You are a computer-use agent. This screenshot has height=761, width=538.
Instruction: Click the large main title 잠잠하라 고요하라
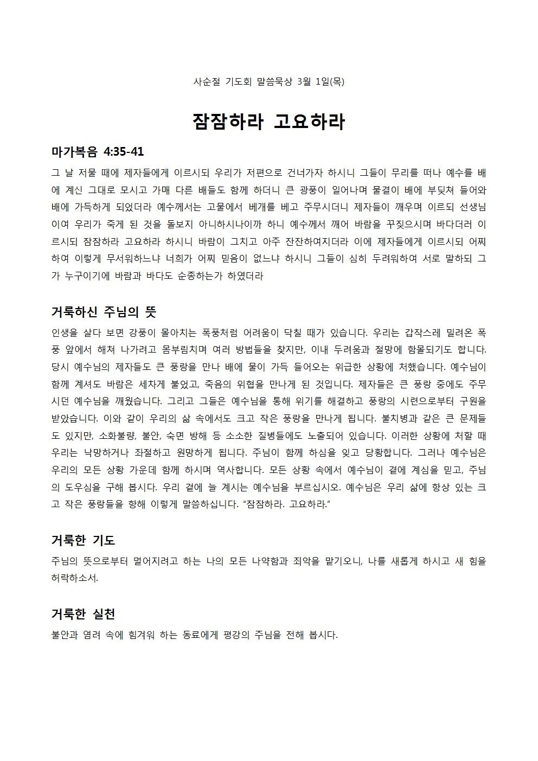[268, 121]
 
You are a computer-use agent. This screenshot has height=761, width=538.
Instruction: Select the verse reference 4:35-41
[124, 152]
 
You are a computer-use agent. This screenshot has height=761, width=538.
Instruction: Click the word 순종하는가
[209, 276]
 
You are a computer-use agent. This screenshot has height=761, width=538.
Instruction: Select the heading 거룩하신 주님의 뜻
[104, 312]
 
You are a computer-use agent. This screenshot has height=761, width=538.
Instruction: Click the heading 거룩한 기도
[83, 540]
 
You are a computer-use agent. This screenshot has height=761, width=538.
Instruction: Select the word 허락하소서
[75, 578]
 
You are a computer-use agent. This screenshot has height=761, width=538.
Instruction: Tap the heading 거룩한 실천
[83, 614]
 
